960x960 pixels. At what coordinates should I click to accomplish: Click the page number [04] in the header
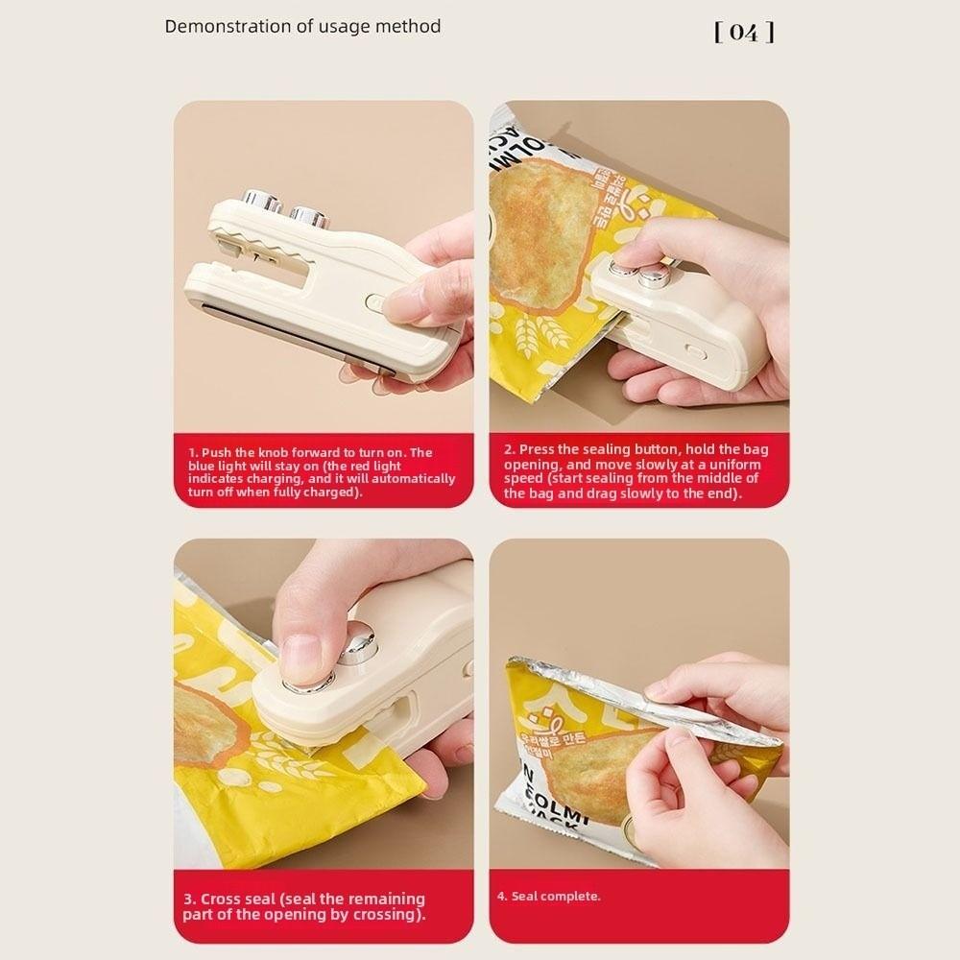tap(744, 32)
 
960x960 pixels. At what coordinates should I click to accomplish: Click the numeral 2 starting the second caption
tap(508, 449)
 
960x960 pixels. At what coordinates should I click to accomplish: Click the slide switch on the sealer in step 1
tap(374, 303)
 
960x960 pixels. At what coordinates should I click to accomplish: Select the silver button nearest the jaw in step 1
tap(260, 201)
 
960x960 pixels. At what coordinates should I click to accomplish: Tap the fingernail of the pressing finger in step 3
tap(300, 654)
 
